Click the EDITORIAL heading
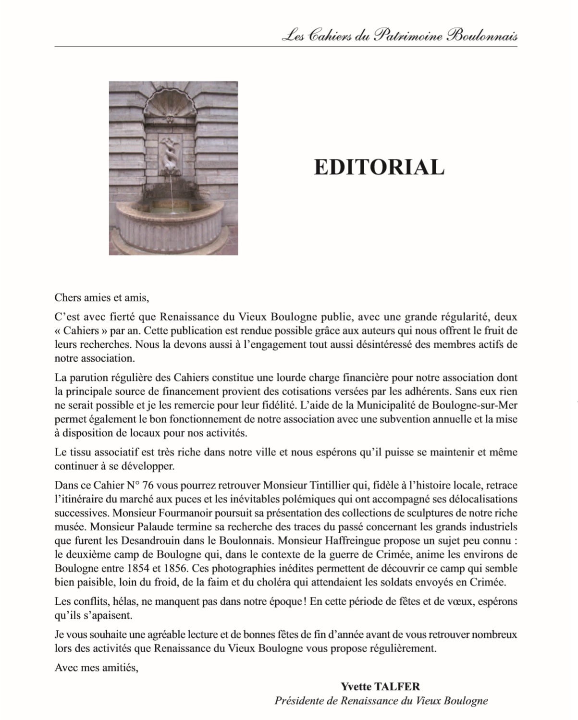pos(379,167)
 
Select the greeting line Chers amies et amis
pos(102,297)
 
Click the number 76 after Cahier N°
pos(148,485)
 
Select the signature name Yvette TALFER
pos(381,687)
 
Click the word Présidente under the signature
pos(298,701)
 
